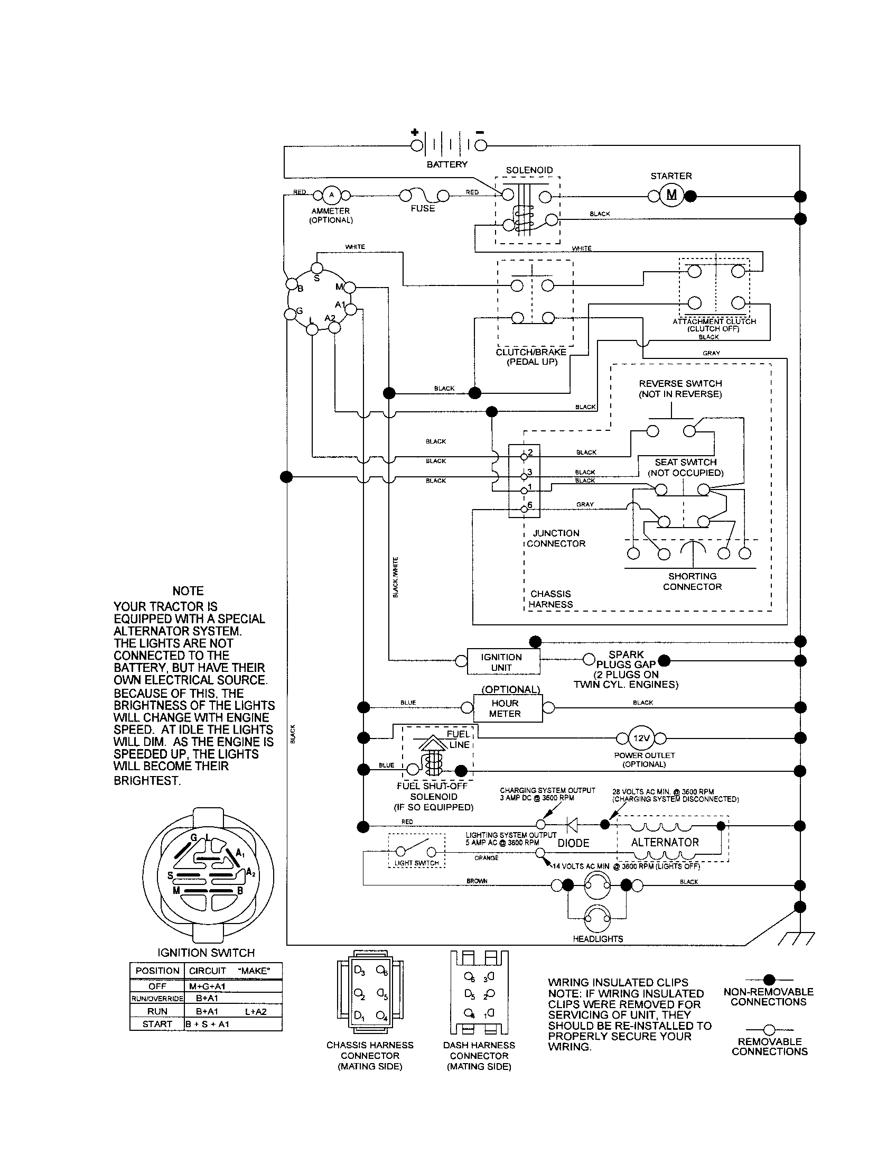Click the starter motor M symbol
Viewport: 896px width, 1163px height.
tap(671, 196)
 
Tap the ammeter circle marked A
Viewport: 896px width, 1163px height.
tap(331, 196)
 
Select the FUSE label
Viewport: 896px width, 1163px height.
tap(423, 208)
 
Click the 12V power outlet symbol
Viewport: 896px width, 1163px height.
tap(641, 738)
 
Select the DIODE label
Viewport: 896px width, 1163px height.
tap(573, 843)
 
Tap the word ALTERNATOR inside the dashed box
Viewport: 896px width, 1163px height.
tap(665, 842)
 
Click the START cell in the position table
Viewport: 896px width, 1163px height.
tap(157, 1023)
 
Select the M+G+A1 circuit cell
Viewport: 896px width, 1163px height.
tap(208, 986)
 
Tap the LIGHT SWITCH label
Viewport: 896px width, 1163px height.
tap(417, 863)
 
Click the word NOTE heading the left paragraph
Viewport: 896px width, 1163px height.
tap(188, 590)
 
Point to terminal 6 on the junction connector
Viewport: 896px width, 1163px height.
tap(524, 509)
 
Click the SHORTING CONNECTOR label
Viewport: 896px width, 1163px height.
tap(692, 581)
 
